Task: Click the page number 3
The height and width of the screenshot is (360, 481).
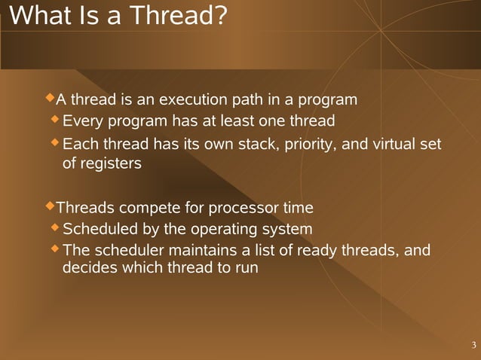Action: [473, 346]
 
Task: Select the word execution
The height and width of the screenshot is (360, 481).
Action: [193, 99]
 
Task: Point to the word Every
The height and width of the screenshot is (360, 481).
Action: [84, 121]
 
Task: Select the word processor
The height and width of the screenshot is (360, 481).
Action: [243, 208]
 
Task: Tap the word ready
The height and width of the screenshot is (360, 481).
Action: [319, 250]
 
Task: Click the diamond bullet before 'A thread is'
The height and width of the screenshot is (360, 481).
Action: [51, 98]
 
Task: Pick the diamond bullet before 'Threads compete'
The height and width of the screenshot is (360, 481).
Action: [51, 206]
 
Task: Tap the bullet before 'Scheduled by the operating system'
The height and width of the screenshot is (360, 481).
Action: [55, 227]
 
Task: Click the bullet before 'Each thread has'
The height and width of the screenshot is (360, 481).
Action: [55, 142]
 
